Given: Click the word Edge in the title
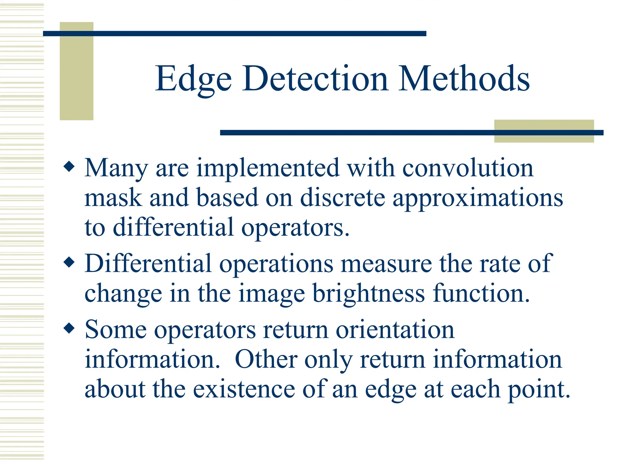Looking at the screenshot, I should tap(193, 79).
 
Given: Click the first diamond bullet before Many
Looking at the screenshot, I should tap(69, 166).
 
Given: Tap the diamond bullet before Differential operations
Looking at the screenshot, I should tap(69, 262).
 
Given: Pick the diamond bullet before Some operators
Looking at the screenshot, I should tap(69, 328).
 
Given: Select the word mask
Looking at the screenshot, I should tap(113, 198).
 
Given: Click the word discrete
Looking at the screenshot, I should tap(343, 198).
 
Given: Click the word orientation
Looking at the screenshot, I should tap(395, 330).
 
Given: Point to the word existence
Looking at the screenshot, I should tap(244, 389).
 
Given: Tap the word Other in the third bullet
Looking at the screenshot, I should tap(266, 359).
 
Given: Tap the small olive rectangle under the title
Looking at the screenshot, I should tap(544, 131).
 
